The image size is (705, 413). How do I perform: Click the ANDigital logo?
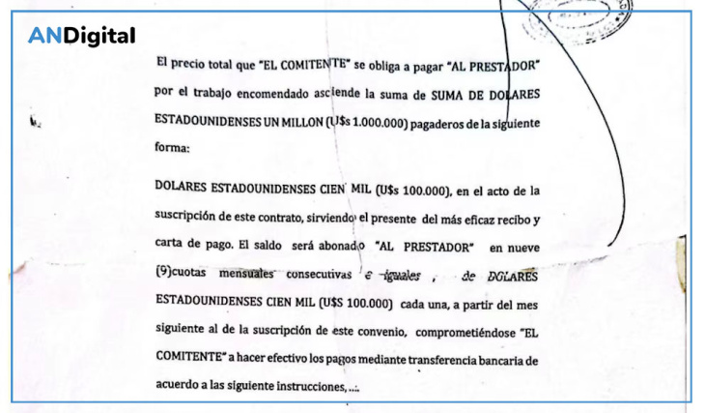click(81, 37)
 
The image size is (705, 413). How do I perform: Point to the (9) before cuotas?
click(164, 274)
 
